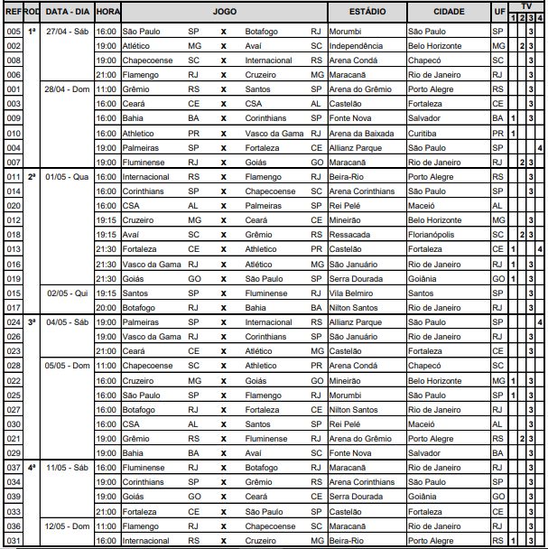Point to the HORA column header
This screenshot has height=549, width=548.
(x=107, y=13)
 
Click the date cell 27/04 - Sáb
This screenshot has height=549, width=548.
(x=67, y=31)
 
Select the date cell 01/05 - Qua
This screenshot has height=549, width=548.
(x=67, y=177)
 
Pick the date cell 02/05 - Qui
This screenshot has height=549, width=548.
(x=67, y=293)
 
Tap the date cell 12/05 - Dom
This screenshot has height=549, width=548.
(x=67, y=526)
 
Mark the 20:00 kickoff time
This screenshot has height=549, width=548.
(x=107, y=308)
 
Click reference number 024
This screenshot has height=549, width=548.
(x=13, y=322)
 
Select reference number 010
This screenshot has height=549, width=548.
(x=13, y=133)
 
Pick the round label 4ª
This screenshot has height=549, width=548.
(x=32, y=468)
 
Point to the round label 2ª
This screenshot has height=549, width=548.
(x=32, y=177)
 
